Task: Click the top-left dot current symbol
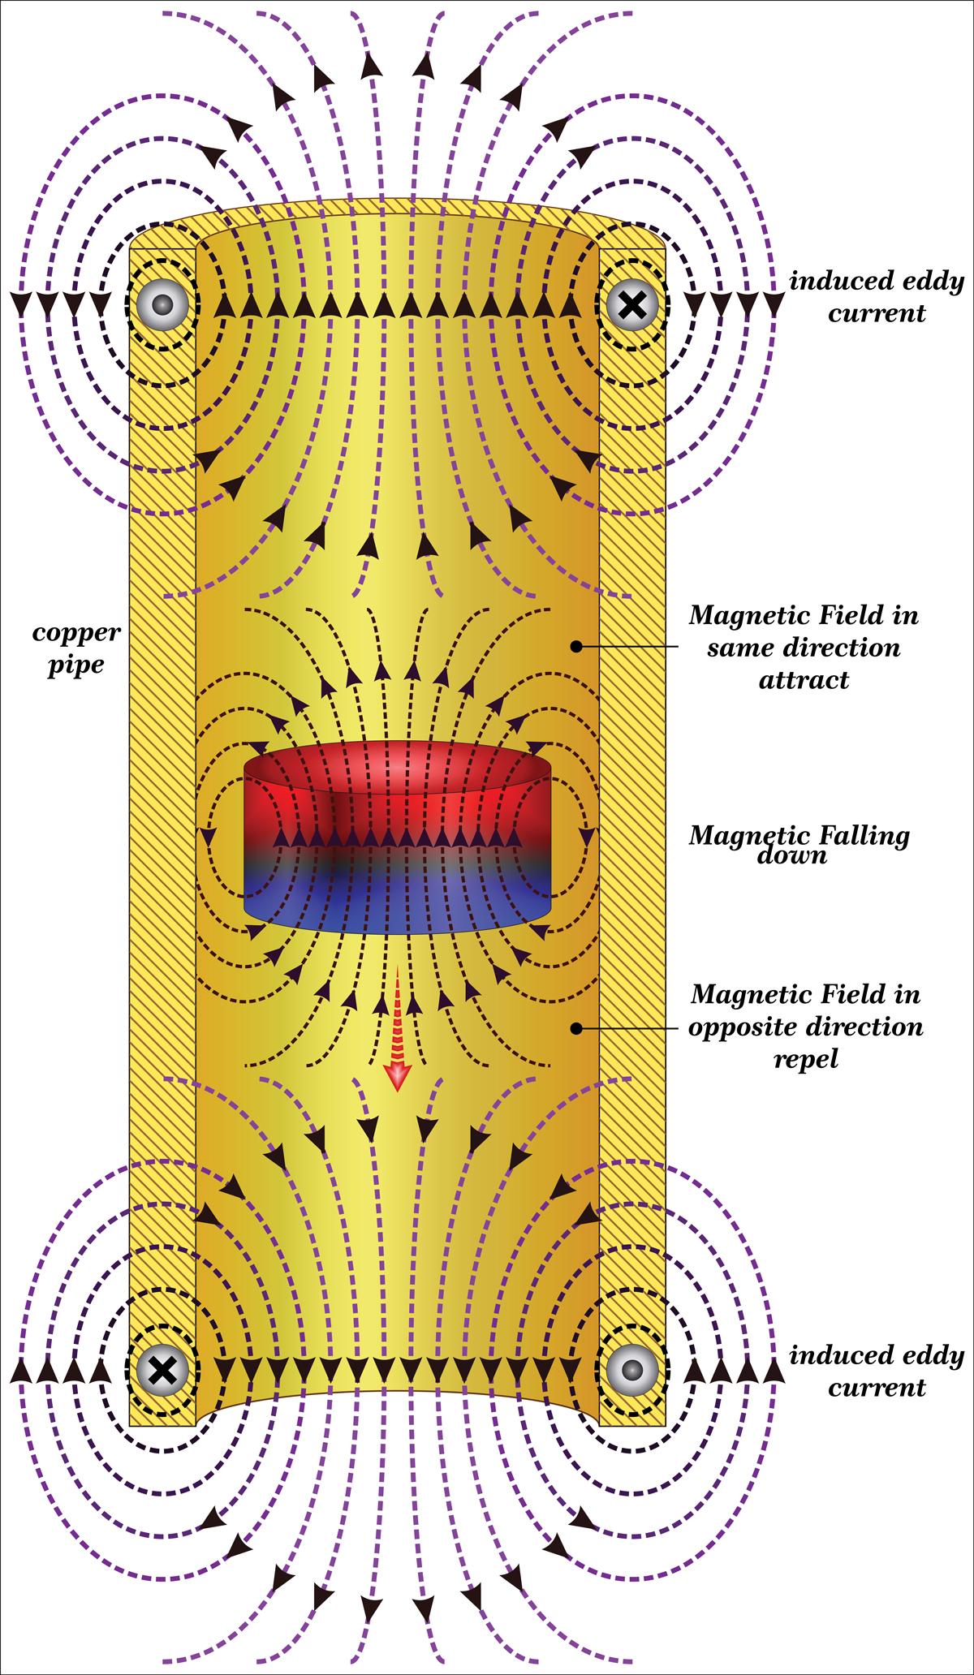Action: pos(162,305)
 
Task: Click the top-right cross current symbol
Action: pos(632,305)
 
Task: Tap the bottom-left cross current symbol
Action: pos(162,1370)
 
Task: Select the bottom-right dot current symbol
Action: pos(632,1370)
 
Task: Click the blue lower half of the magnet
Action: pos(397,901)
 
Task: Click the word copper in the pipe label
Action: pos(76,632)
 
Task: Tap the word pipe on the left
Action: pos(75,665)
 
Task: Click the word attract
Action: pos(804,680)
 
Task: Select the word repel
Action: pos(805,1059)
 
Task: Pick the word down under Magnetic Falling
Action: pos(791,855)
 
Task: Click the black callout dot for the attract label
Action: pos(576,647)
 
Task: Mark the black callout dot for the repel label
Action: pos(576,1028)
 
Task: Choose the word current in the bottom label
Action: pos(877,1388)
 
